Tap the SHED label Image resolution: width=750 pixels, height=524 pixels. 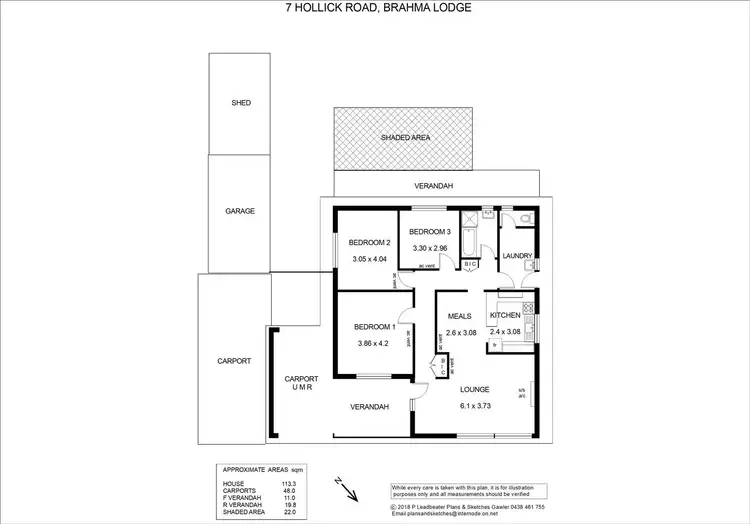(240, 102)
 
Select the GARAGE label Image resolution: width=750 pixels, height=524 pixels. (240, 211)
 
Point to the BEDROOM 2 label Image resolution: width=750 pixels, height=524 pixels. (369, 242)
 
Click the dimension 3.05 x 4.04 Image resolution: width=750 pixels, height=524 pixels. (369, 260)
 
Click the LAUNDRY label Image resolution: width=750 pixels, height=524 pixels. (516, 256)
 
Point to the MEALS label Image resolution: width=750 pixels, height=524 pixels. (460, 316)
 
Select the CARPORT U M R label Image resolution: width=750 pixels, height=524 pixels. (300, 383)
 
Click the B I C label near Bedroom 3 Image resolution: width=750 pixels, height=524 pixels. (470, 264)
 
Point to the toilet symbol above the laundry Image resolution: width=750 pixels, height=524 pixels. (524, 220)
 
